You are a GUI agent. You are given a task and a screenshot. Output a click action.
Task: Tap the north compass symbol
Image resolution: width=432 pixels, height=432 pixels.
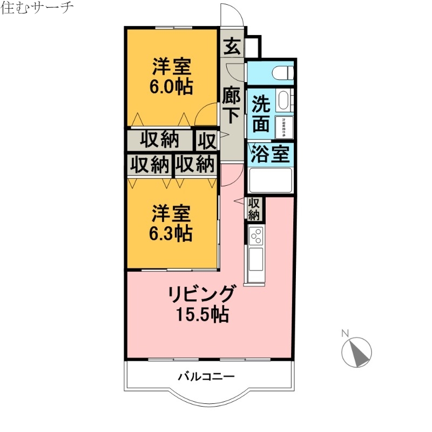coord(357,352)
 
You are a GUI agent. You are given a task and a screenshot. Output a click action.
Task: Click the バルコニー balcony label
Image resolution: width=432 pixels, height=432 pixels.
coord(206,376)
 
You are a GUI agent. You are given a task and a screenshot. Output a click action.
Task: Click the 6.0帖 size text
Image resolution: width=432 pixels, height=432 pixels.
coord(171,86)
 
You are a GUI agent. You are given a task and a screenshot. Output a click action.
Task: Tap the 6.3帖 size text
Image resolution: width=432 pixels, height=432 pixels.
coord(171,233)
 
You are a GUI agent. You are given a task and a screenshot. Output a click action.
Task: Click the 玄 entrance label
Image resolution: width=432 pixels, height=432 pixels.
coord(232,46)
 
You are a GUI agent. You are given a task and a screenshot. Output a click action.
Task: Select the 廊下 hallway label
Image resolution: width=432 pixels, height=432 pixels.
coord(231,107)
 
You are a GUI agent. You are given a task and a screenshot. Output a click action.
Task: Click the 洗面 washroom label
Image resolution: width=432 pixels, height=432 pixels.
coord(261,114)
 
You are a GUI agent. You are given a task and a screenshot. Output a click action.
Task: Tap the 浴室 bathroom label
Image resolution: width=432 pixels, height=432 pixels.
coord(271,154)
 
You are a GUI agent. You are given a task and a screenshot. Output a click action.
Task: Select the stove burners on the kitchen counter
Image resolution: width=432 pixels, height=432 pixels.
coord(255,235)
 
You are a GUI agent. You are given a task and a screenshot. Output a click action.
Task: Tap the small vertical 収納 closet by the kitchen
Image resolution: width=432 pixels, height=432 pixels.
coord(254,209)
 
